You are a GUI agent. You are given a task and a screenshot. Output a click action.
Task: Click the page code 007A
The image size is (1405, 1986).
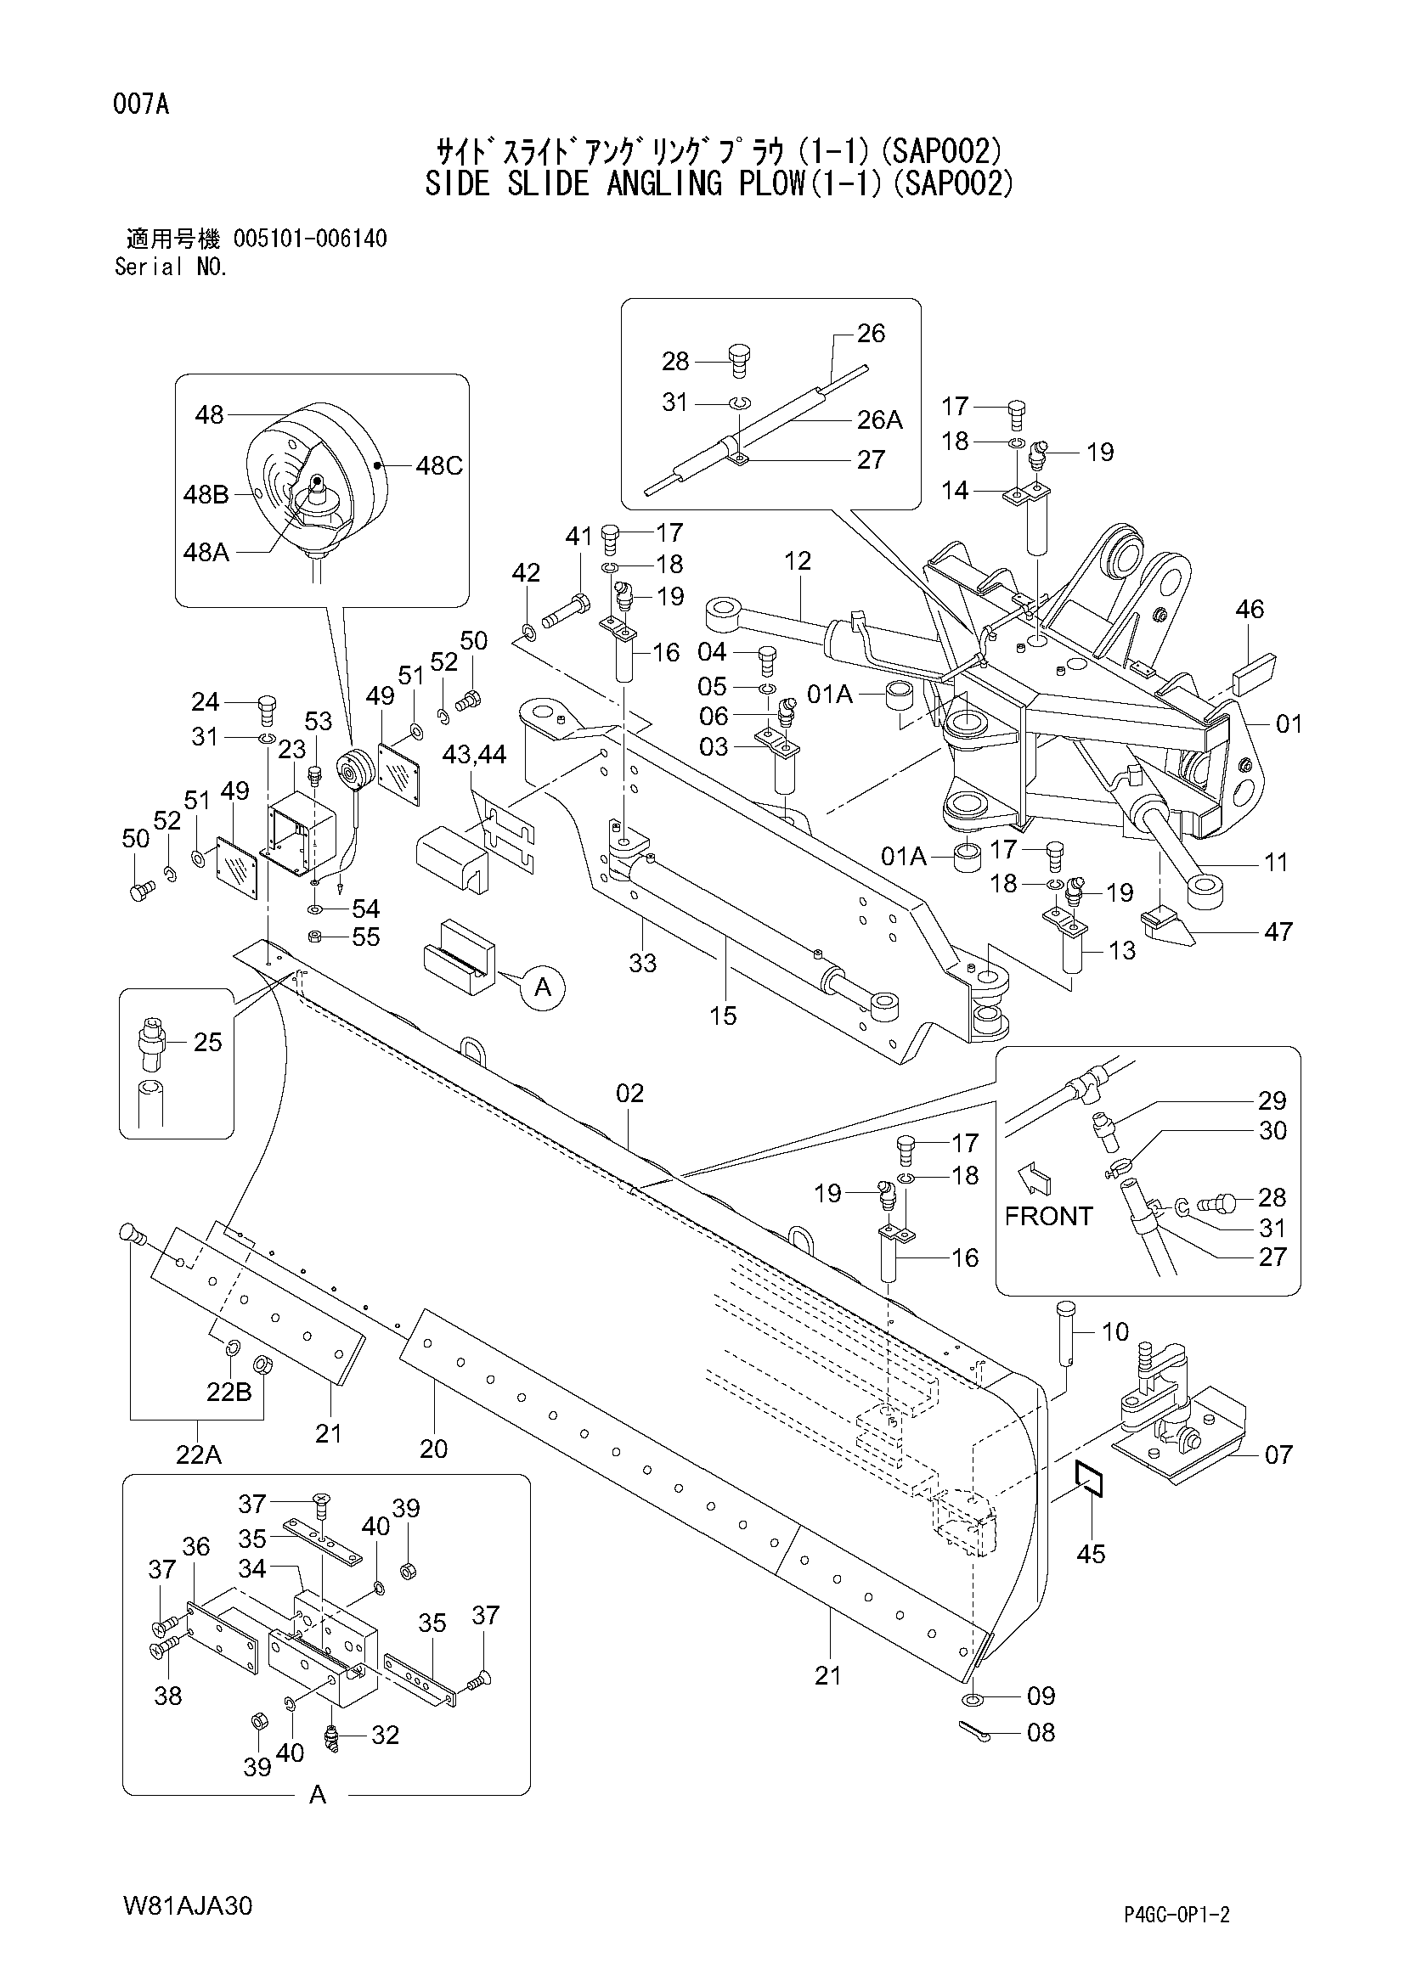pyautogui.click(x=140, y=104)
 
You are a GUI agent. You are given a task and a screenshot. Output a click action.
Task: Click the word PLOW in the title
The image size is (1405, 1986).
pyautogui.click(x=767, y=184)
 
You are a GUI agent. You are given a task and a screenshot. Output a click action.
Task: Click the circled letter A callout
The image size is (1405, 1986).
pyautogui.click(x=543, y=987)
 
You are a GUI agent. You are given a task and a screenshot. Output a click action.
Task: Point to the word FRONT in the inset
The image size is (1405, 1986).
pyautogui.click(x=1048, y=1216)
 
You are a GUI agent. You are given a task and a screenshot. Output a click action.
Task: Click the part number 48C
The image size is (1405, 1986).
pyautogui.click(x=438, y=466)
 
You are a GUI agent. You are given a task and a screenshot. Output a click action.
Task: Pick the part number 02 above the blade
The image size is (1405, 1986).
pyautogui.click(x=629, y=1094)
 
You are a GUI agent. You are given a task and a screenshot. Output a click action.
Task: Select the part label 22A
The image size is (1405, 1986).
pyautogui.click(x=198, y=1455)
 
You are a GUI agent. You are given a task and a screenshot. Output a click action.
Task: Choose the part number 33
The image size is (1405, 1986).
pyautogui.click(x=642, y=963)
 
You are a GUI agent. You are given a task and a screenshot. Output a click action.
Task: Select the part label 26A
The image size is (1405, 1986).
pyautogui.click(x=879, y=419)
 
